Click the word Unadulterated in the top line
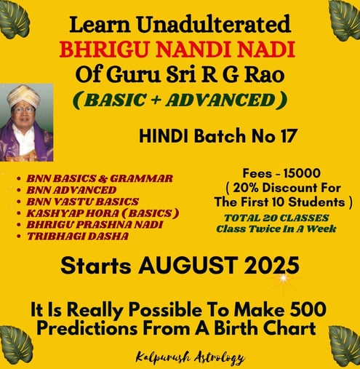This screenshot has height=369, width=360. click(x=215, y=24)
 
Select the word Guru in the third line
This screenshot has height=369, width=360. click(x=133, y=74)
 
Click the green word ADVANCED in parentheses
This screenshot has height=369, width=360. click(x=221, y=100)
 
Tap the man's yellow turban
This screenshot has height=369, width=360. click(x=23, y=95)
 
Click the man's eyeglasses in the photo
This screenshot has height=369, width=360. click(x=24, y=110)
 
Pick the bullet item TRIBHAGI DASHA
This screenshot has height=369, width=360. click(x=78, y=237)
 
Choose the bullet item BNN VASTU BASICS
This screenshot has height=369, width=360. click(x=83, y=202)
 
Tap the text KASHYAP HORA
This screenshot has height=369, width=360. click(x=73, y=213)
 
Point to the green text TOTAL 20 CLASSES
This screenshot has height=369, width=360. click(x=276, y=218)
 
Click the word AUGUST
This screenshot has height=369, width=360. click(x=188, y=265)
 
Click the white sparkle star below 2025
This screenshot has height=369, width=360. click(x=283, y=278)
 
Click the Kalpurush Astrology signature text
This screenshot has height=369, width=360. click(x=190, y=357)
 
